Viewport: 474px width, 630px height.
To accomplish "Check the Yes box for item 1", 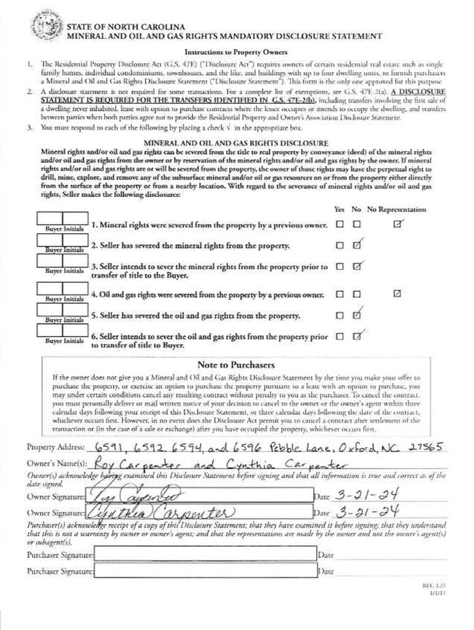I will [340, 225].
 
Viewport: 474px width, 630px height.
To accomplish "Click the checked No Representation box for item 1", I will [398, 224].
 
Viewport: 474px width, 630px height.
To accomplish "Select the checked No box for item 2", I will [357, 245].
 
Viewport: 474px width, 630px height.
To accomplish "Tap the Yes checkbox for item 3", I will [340, 267].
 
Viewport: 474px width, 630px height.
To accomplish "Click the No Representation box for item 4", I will [397, 294].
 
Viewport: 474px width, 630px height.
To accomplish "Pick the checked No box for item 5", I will [357, 316].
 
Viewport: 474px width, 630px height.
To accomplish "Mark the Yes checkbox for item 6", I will [340, 337].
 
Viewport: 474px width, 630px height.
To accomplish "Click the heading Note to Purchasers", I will [236, 365].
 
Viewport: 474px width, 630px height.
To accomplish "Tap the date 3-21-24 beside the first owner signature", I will [366, 495].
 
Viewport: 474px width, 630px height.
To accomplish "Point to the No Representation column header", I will [397, 209].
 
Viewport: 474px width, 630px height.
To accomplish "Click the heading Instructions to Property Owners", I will [236, 53].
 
